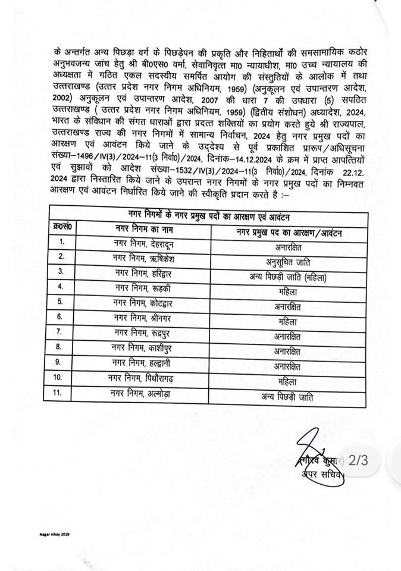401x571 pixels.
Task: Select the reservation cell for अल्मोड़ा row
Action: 287,397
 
